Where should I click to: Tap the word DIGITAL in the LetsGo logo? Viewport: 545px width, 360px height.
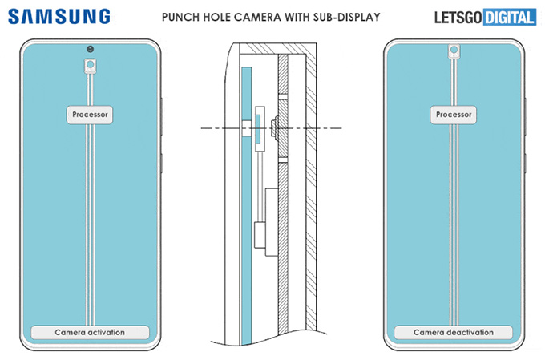pyautogui.click(x=508, y=16)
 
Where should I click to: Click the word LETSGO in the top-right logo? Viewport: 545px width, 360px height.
pyautogui.click(x=457, y=16)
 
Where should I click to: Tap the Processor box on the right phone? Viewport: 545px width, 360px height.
pyautogui.click(x=454, y=115)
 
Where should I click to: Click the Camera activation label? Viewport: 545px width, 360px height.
pyautogui.click(x=90, y=332)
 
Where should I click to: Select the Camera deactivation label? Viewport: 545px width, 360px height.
pyautogui.click(x=454, y=332)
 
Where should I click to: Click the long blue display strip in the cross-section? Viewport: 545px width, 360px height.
pyautogui.click(x=245, y=200)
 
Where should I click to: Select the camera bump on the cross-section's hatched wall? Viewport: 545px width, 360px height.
pyautogui.click(x=275, y=127)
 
